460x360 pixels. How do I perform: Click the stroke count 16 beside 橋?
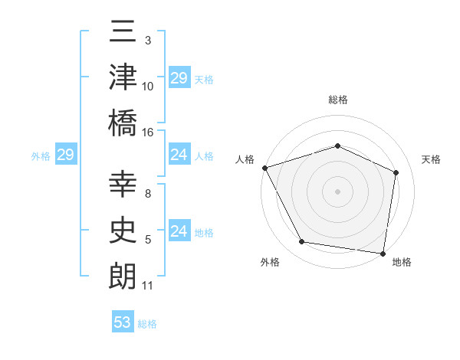149,132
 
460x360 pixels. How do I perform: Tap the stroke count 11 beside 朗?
148,286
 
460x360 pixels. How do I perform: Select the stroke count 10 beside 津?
148,87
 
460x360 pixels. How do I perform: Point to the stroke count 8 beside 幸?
149,195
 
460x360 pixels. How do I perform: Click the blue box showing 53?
122,322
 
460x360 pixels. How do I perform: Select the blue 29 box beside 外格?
65,155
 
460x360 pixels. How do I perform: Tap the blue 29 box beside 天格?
179,78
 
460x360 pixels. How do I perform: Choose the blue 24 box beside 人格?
179,155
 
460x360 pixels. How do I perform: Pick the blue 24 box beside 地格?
179,231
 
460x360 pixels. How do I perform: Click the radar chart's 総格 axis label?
338,100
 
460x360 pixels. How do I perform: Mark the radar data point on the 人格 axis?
264,168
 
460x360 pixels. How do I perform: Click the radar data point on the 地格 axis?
383,253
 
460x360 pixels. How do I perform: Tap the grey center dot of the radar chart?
337,191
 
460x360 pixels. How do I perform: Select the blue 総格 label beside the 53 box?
147,324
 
